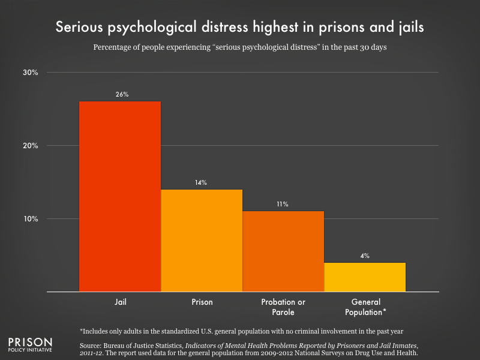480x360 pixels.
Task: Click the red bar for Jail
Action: [x=120, y=197]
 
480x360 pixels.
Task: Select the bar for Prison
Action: [x=202, y=241]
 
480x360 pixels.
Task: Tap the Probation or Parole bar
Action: [x=283, y=251]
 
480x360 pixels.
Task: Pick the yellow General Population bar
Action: [x=365, y=277]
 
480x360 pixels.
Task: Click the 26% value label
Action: [x=122, y=95]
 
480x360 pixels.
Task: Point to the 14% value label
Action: [x=201, y=182]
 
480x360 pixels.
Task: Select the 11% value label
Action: [x=283, y=205]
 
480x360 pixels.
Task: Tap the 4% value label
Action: [x=365, y=256]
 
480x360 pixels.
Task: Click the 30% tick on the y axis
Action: [x=30, y=73]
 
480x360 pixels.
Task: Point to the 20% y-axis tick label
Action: [x=30, y=146]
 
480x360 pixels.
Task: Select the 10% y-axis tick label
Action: [x=30, y=219]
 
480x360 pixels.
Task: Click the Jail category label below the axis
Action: [x=120, y=302]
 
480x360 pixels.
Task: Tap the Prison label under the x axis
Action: [x=202, y=302]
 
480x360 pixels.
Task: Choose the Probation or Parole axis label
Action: [x=283, y=307]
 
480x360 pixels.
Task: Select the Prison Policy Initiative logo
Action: [x=29, y=340]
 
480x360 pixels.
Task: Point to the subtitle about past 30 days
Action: [x=240, y=47]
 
